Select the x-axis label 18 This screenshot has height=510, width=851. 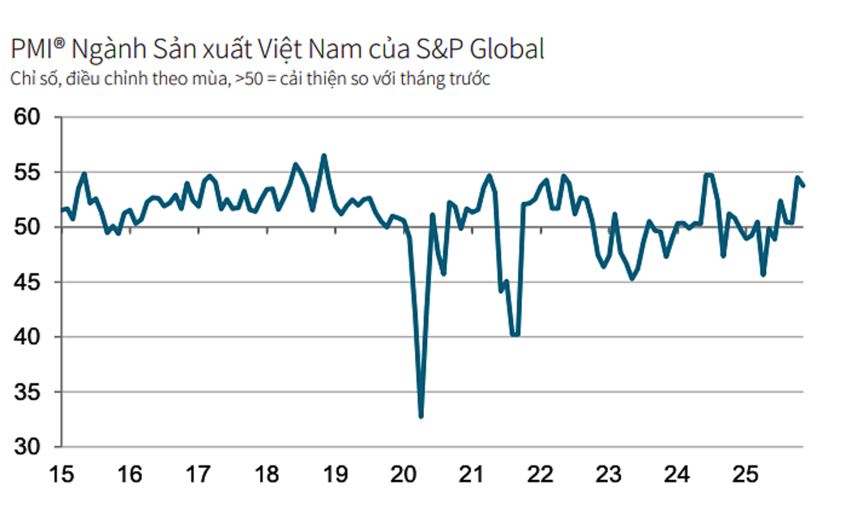click(267, 473)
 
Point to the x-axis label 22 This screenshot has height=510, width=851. click(541, 473)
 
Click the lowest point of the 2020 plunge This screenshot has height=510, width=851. click(421, 417)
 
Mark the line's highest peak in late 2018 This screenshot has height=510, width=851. click(324, 155)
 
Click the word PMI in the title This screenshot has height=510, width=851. click(32, 50)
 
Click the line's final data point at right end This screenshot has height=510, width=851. click(803, 186)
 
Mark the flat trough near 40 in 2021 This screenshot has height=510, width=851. click(514, 334)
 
